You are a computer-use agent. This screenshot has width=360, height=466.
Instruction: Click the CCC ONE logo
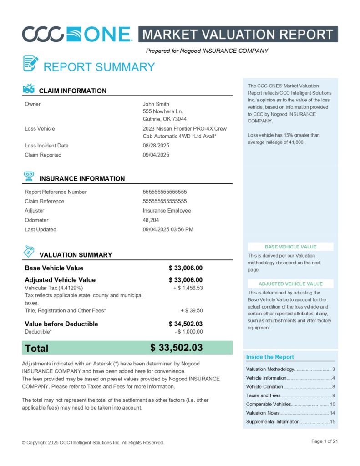(x=77, y=34)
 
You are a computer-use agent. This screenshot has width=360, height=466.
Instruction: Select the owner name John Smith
(x=156, y=104)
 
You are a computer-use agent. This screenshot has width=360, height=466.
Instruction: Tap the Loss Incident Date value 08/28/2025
(x=156, y=146)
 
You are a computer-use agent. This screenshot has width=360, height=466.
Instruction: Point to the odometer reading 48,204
(x=151, y=220)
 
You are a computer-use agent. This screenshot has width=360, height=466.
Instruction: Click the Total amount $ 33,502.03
(x=176, y=348)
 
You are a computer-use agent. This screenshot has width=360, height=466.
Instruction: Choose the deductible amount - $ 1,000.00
(x=188, y=332)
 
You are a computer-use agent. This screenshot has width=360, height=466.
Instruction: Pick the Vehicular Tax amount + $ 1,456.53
(x=188, y=288)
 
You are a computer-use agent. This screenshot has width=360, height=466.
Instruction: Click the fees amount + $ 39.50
(x=191, y=310)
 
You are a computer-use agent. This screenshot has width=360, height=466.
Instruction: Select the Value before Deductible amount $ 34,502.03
(x=185, y=324)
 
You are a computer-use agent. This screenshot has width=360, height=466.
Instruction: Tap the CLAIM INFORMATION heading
(x=73, y=91)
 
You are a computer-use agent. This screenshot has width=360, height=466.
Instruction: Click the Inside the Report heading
(x=270, y=357)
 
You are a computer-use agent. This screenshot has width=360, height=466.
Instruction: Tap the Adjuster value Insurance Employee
(x=167, y=211)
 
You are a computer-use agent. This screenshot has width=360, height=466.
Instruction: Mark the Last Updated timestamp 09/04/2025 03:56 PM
(x=168, y=229)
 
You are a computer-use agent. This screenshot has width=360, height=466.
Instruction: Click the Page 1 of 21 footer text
(x=325, y=441)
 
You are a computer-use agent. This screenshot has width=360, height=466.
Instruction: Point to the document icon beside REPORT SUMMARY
(x=30, y=63)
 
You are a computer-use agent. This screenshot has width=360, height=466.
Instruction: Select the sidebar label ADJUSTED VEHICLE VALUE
(x=290, y=284)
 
